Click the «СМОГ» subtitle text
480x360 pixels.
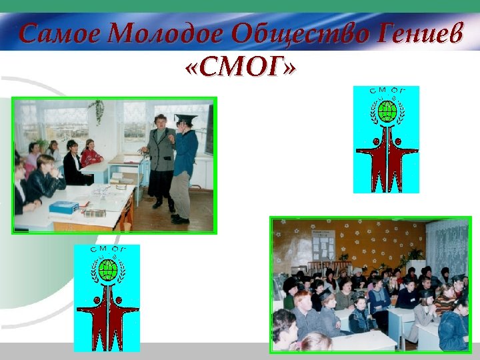[239, 66]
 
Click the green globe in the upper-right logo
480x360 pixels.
[387, 111]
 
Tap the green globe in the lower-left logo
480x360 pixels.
[107, 269]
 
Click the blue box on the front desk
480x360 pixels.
[64, 206]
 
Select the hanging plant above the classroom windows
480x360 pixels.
[99, 109]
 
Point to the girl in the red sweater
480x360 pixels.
[91, 155]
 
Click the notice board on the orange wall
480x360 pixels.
[325, 245]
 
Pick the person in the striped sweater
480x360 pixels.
[445, 300]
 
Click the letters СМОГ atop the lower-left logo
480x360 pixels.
[107, 251]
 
